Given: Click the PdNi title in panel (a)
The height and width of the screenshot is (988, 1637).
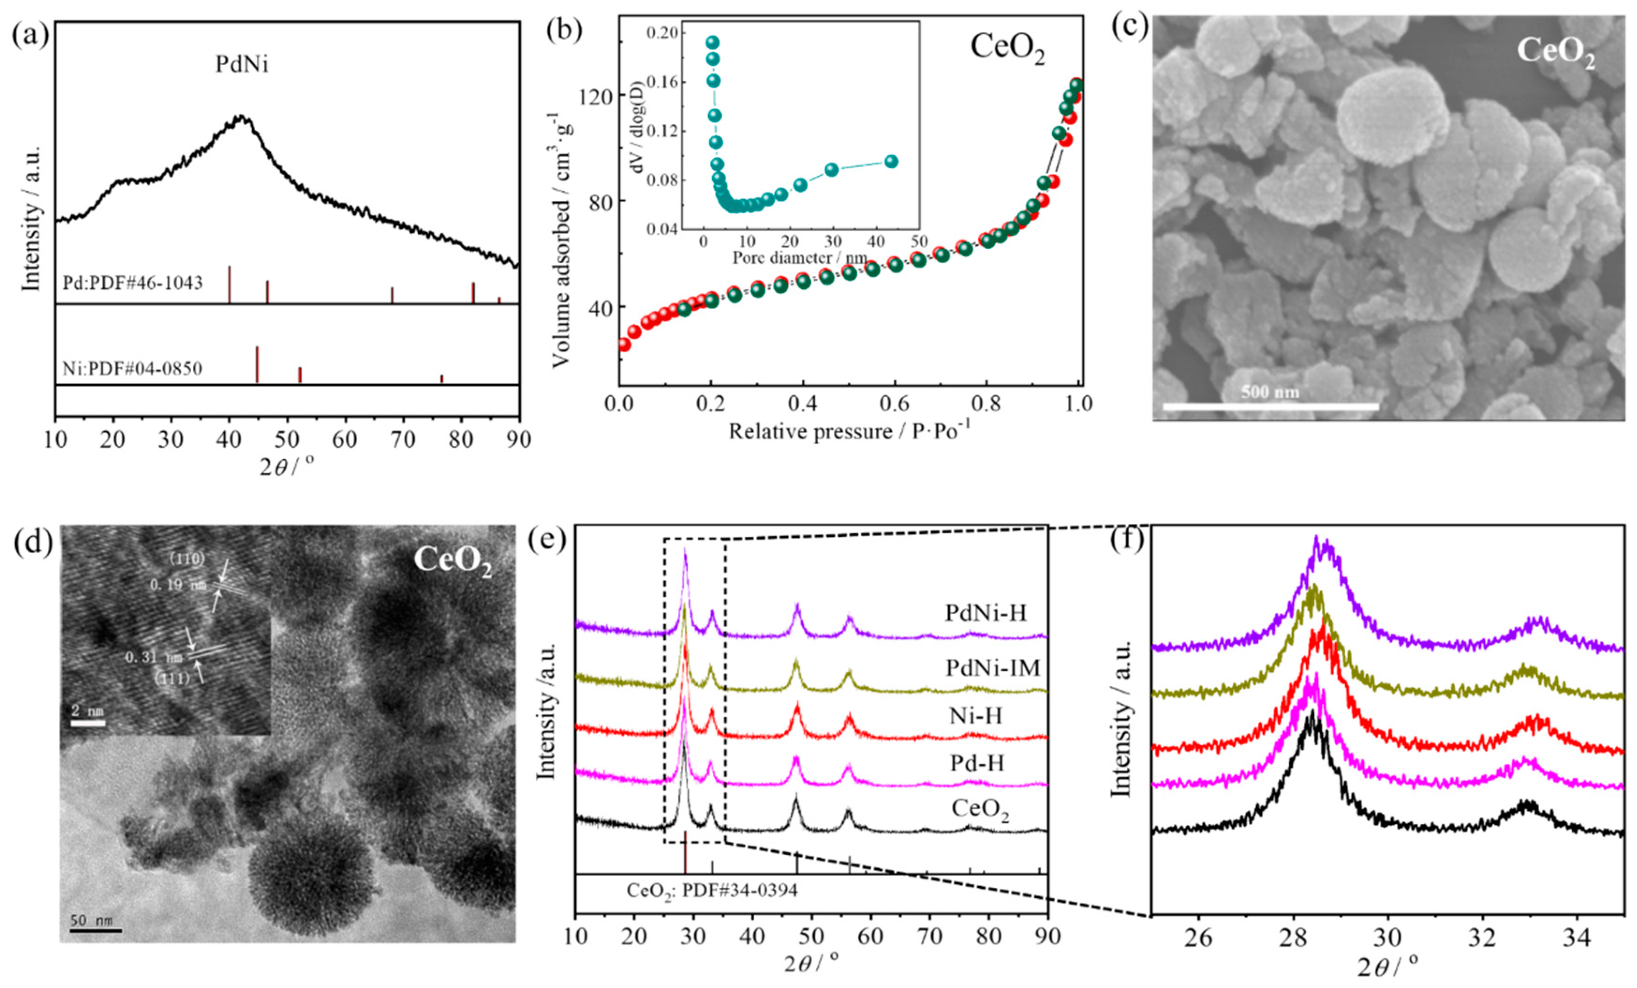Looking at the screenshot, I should click(x=242, y=65).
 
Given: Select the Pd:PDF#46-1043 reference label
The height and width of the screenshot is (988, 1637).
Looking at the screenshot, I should click(x=133, y=284).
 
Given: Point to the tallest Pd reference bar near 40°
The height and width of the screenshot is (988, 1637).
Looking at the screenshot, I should click(x=229, y=284).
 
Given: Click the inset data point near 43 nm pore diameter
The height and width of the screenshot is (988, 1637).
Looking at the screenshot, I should click(x=892, y=162).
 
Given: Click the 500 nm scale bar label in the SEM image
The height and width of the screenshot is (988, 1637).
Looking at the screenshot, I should click(x=1270, y=392).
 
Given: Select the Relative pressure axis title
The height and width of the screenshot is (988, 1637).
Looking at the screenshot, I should click(x=849, y=432).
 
